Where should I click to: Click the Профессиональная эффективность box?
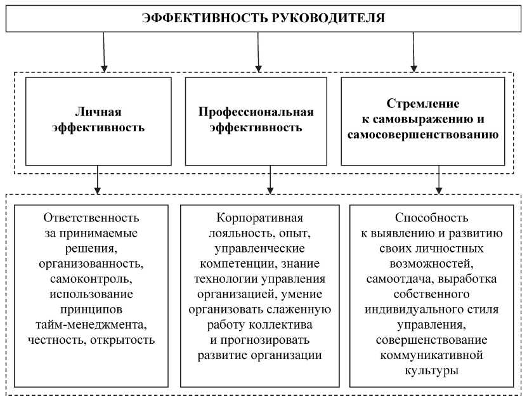(x=256, y=120)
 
